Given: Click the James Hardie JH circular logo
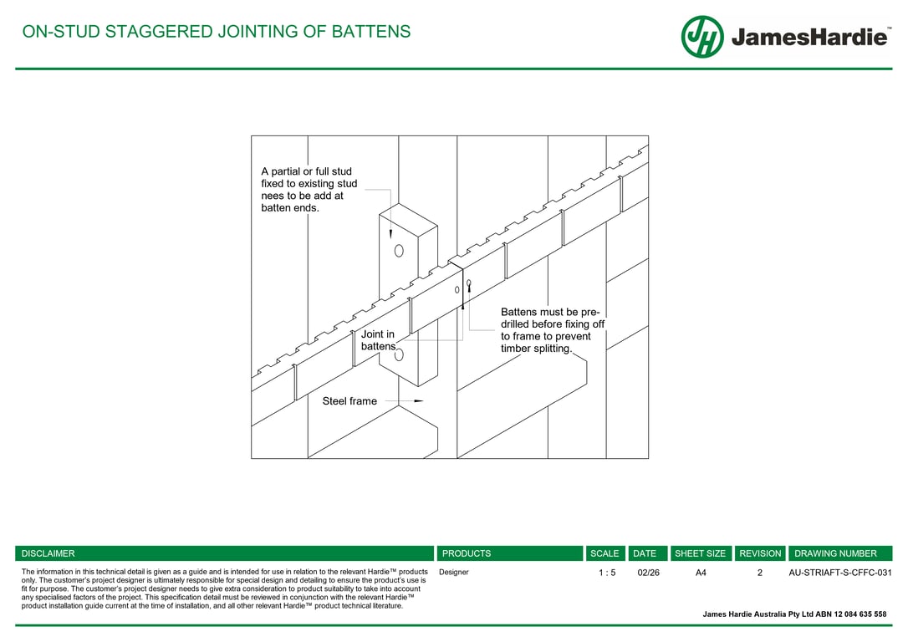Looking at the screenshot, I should (x=702, y=37).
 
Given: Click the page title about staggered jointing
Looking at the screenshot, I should (x=217, y=32).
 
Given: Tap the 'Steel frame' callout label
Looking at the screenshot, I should (x=349, y=401).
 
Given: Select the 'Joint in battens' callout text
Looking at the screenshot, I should (x=378, y=340).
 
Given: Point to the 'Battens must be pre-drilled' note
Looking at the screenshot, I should (x=552, y=330).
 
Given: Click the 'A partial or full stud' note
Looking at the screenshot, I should (x=309, y=190).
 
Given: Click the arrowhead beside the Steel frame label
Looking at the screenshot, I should (x=419, y=401).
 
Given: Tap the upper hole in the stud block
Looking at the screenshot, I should (x=399, y=251).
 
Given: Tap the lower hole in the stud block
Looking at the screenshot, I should (x=399, y=354).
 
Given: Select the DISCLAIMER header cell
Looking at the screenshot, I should (x=224, y=553).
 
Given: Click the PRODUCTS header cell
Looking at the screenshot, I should (x=509, y=553).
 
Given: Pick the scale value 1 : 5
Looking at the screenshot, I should (x=607, y=573).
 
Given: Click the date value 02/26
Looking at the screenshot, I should (x=648, y=573).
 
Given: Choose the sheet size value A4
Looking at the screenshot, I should (x=701, y=573).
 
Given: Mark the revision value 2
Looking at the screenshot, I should (x=760, y=573).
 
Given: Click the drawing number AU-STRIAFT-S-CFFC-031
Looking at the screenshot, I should (x=840, y=573).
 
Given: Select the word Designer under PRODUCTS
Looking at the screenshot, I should (x=454, y=573).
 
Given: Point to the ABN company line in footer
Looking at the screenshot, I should (x=794, y=614).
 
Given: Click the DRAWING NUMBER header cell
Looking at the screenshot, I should (x=839, y=553).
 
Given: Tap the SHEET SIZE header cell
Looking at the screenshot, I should (x=701, y=553).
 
